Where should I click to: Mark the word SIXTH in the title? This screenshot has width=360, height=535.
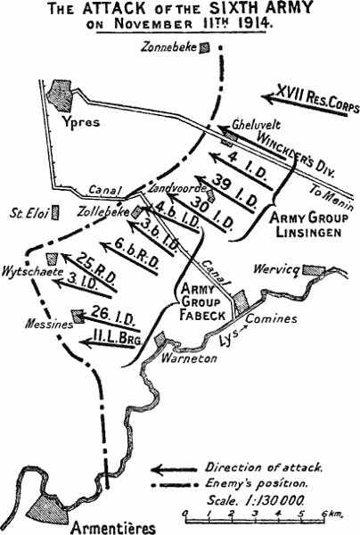pyautogui.click(x=229, y=9)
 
